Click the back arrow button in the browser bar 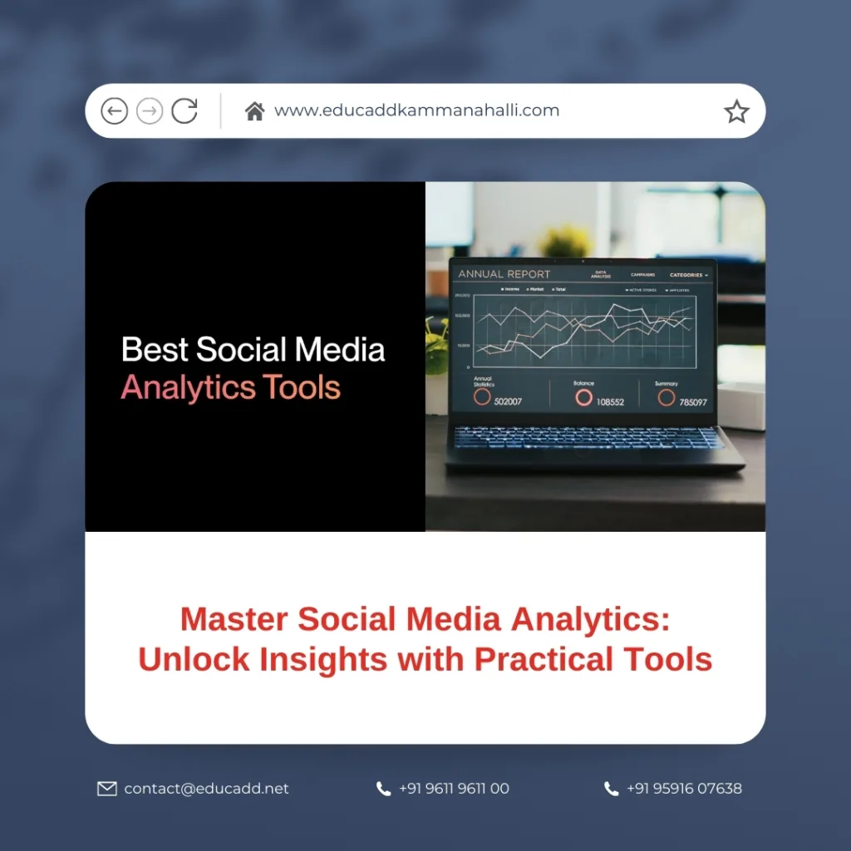coord(114,111)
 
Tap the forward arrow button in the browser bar coord(150,111)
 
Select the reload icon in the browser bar coord(184,111)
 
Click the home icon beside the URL coord(254,111)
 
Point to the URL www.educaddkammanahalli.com coord(416,111)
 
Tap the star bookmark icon coord(736,111)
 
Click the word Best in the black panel coord(155,349)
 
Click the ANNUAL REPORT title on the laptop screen coord(504,274)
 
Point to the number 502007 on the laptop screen coord(508,401)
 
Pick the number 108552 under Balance coord(610,401)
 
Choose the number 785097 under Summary coord(693,402)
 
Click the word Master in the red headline coord(234,619)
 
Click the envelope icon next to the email coord(107,789)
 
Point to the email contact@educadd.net coord(206,789)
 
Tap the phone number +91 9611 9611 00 coord(454,789)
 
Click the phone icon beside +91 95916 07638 coord(612,789)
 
